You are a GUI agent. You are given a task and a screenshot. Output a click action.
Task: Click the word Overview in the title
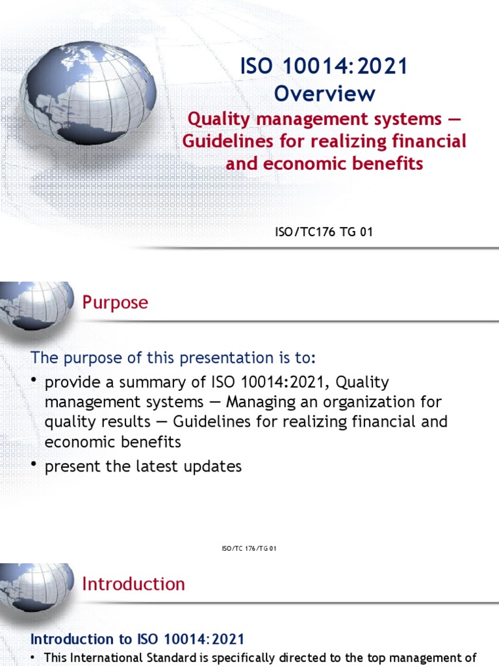pyautogui.click(x=324, y=93)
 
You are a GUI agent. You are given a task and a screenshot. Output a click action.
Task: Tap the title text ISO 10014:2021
pyautogui.click(x=324, y=66)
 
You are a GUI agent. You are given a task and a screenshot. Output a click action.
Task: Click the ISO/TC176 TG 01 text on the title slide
pyautogui.click(x=324, y=232)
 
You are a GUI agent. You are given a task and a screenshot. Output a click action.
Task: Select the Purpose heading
pyautogui.click(x=115, y=302)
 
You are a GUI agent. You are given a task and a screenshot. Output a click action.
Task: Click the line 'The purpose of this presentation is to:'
pyautogui.click(x=174, y=358)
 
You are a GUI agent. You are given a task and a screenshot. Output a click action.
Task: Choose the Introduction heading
pyautogui.click(x=133, y=584)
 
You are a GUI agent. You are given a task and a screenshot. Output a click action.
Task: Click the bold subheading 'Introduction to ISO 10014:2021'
pyautogui.click(x=138, y=639)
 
